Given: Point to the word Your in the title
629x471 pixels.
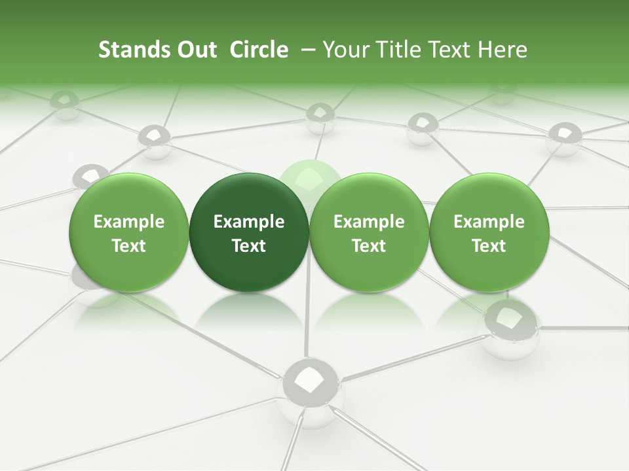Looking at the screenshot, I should pyautogui.click(x=345, y=50).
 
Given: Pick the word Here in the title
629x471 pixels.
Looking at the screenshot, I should pyautogui.click(x=503, y=50).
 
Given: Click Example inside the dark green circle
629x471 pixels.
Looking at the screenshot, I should pyautogui.click(x=249, y=222).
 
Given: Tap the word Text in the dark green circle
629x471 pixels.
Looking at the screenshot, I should pyautogui.click(x=249, y=246).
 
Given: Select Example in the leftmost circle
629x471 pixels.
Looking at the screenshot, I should pyautogui.click(x=129, y=222).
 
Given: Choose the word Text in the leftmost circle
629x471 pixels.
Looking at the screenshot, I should pyautogui.click(x=129, y=246).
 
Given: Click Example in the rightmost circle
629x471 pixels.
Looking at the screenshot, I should pyautogui.click(x=489, y=222).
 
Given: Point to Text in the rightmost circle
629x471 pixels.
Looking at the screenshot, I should pyautogui.click(x=489, y=246).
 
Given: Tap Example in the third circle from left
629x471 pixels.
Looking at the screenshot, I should pyautogui.click(x=369, y=222).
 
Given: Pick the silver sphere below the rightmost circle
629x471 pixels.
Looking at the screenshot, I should pyautogui.click(x=510, y=327).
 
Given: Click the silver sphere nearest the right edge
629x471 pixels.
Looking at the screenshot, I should pyautogui.click(x=564, y=138).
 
